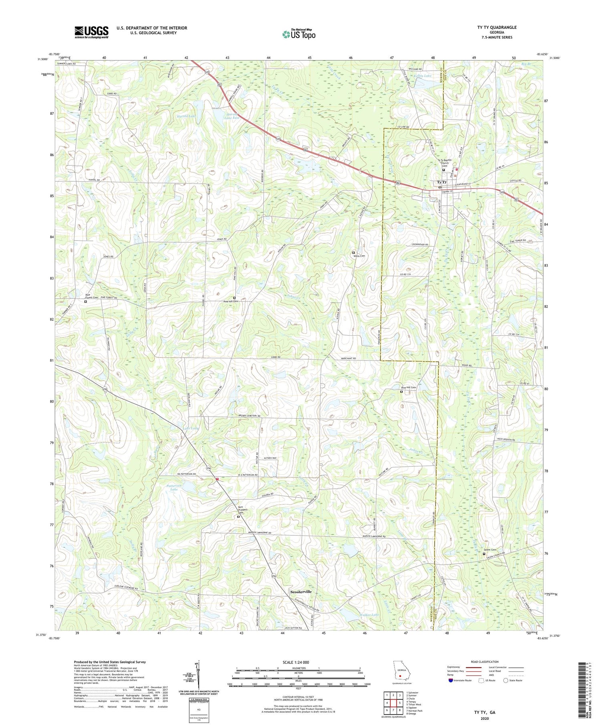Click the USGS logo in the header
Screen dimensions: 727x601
coord(91,32)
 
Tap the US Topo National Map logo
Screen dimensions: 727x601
coord(299,34)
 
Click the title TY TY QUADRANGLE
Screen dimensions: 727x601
coord(496,28)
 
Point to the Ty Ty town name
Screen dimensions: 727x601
coord(441,182)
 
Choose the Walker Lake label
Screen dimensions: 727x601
coord(369,615)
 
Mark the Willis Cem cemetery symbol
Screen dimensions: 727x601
coord(353,253)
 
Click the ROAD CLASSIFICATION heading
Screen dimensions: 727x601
coord(485,662)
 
